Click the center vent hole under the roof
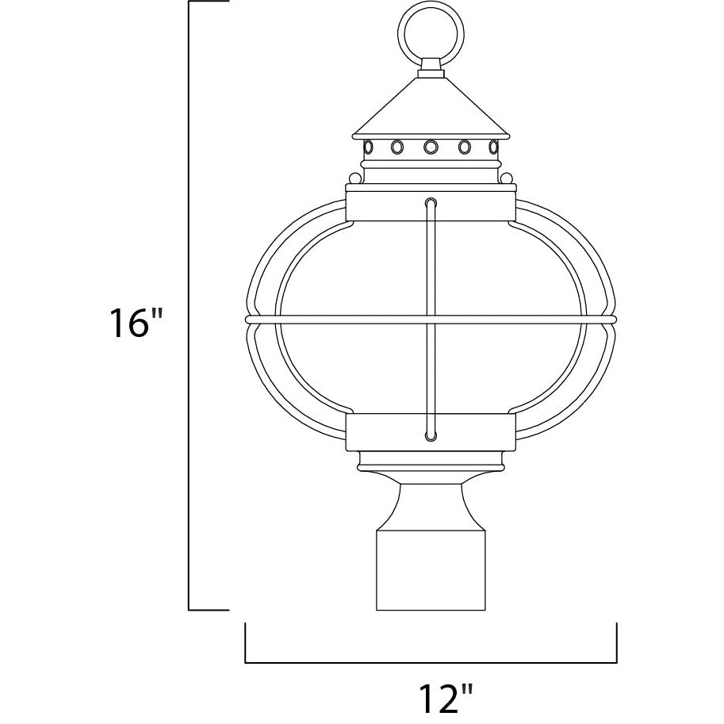(431, 147)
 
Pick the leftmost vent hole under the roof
(368, 147)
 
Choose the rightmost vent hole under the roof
(493, 147)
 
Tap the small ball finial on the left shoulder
(354, 178)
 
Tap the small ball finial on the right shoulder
(507, 178)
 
